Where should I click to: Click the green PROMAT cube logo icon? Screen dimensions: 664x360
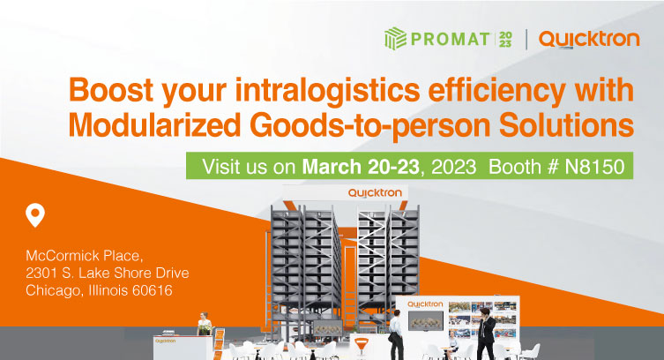[x=395, y=39]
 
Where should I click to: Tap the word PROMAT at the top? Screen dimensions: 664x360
[x=450, y=40]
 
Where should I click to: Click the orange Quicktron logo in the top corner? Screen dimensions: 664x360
[x=589, y=40]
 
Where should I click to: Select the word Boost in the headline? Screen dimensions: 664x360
[x=111, y=90]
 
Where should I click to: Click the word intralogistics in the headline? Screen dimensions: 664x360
[x=327, y=91]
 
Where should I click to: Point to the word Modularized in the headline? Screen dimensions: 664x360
[x=154, y=125]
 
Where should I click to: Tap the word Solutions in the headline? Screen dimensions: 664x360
[x=566, y=125]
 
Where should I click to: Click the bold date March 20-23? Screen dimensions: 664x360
[x=361, y=167]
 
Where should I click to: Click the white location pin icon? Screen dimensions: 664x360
[x=35, y=215]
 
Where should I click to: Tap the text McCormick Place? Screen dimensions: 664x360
[x=85, y=255]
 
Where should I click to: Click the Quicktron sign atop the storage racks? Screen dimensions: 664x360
[x=375, y=192]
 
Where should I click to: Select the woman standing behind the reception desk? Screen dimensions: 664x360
[x=204, y=324]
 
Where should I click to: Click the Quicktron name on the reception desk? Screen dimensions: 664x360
[x=166, y=341]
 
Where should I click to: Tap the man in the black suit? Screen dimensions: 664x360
[x=485, y=334]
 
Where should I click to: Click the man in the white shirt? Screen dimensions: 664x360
[x=396, y=334]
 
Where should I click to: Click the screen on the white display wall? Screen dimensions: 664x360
[x=426, y=320]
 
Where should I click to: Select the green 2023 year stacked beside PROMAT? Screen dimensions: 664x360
[x=505, y=40]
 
